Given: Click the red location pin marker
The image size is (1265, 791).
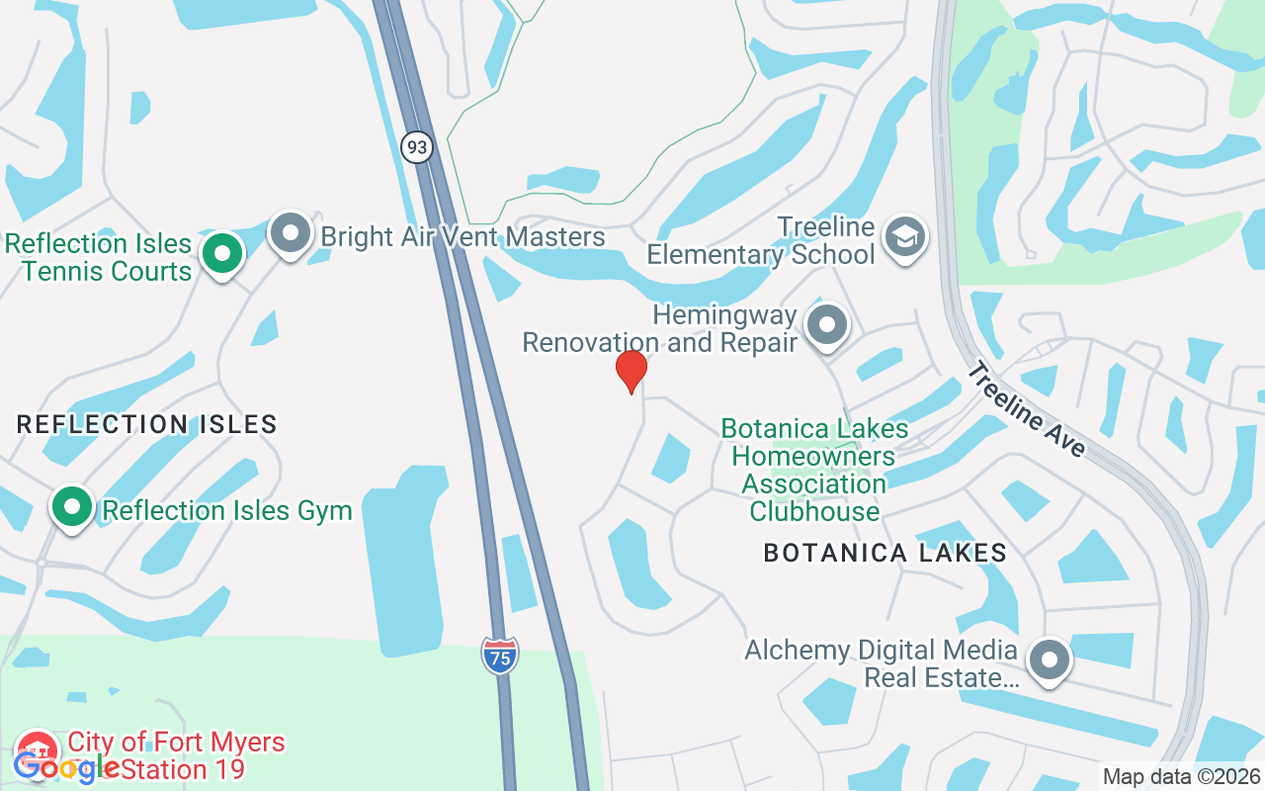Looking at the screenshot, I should point(632,371).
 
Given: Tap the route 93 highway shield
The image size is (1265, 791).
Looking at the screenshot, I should point(417,147).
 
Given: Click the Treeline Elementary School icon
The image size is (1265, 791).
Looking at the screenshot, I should point(905,237).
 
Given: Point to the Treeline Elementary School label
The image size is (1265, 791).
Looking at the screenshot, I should point(761,241).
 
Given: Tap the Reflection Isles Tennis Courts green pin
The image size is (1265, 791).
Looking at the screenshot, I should point(222,254).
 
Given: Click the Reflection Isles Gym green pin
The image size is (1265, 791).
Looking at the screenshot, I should point(71,507).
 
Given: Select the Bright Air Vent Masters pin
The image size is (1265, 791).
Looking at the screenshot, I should point(291,233).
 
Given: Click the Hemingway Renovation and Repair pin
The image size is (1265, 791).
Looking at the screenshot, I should point(826,325).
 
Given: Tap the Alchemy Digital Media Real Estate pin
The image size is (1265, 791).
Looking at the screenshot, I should point(1050,659).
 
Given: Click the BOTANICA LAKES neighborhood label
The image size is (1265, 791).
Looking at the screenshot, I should point(885,553).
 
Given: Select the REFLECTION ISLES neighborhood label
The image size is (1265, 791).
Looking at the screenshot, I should point(146,425).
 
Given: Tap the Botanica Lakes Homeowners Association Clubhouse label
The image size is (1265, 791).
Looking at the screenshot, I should point(814,470).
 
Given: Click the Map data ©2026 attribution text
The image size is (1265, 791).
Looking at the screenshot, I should point(1181,776).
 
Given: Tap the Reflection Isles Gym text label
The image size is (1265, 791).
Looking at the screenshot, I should point(227,511).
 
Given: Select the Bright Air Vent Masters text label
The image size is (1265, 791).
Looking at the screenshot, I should point(463,237).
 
